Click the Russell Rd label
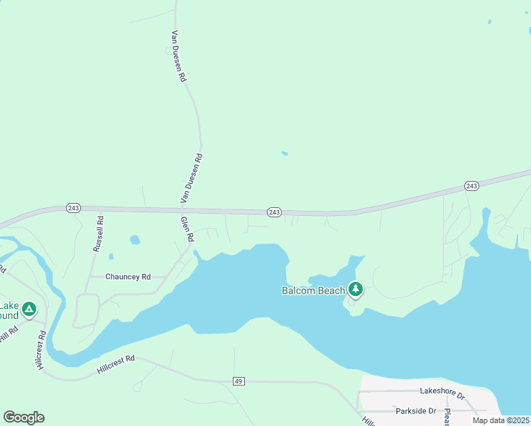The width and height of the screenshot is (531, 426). click(x=99, y=235)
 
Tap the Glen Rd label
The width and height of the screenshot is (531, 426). click(x=187, y=229)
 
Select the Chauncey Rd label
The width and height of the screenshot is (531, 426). click(x=128, y=276)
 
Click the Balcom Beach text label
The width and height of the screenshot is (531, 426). click(x=313, y=290)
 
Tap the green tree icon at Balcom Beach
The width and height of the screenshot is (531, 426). click(x=356, y=289)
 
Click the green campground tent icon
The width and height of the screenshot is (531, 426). click(x=28, y=310)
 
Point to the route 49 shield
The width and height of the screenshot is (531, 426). click(x=239, y=381)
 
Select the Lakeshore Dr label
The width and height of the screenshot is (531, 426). click(x=441, y=391)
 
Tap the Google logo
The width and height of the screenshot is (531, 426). click(x=23, y=417)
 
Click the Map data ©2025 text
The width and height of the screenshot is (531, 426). click(x=500, y=420)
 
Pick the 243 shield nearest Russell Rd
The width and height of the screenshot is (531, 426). click(x=74, y=208)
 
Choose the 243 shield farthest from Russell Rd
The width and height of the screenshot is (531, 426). click(x=471, y=185)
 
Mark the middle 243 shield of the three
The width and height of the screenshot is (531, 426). click(x=275, y=212)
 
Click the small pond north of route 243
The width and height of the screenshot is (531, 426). click(x=285, y=153)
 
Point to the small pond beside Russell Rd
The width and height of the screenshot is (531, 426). click(x=135, y=240)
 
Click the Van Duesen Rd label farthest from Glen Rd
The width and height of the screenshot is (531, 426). click(x=178, y=56)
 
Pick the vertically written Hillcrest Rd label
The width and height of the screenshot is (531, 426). click(x=40, y=349)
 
